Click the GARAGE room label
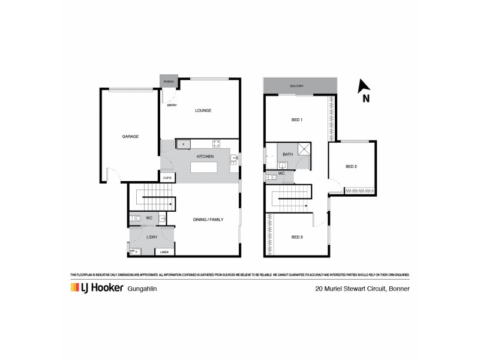(130, 137)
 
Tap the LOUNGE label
(203, 110)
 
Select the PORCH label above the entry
(169, 82)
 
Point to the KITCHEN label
(206, 157)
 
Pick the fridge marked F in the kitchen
(183, 144)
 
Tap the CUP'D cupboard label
(167, 178)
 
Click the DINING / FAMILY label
(209, 220)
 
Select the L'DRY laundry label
(152, 238)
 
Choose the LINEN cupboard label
(164, 252)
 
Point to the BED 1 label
(296, 120)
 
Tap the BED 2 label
(352, 166)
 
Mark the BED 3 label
(297, 238)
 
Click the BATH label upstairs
(287, 155)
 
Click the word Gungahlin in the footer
(144, 289)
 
